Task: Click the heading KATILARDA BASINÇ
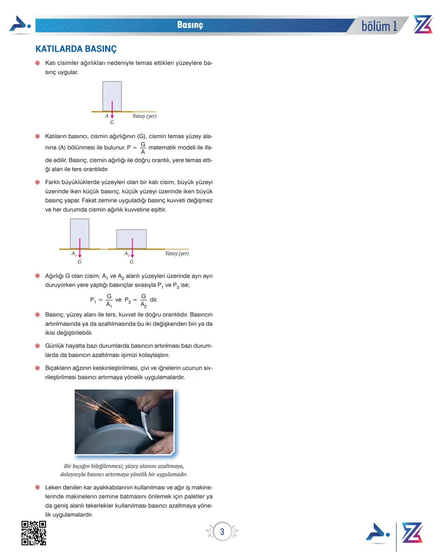(76, 49)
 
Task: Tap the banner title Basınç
(190, 25)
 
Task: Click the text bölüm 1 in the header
(379, 26)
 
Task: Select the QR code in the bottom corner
(33, 533)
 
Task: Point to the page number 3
(222, 532)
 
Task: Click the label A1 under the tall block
(74, 254)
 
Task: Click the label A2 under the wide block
(127, 254)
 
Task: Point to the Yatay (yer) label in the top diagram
(144, 116)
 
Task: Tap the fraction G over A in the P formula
(143, 148)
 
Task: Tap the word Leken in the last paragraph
(54, 487)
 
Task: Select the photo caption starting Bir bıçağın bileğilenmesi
(124, 470)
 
